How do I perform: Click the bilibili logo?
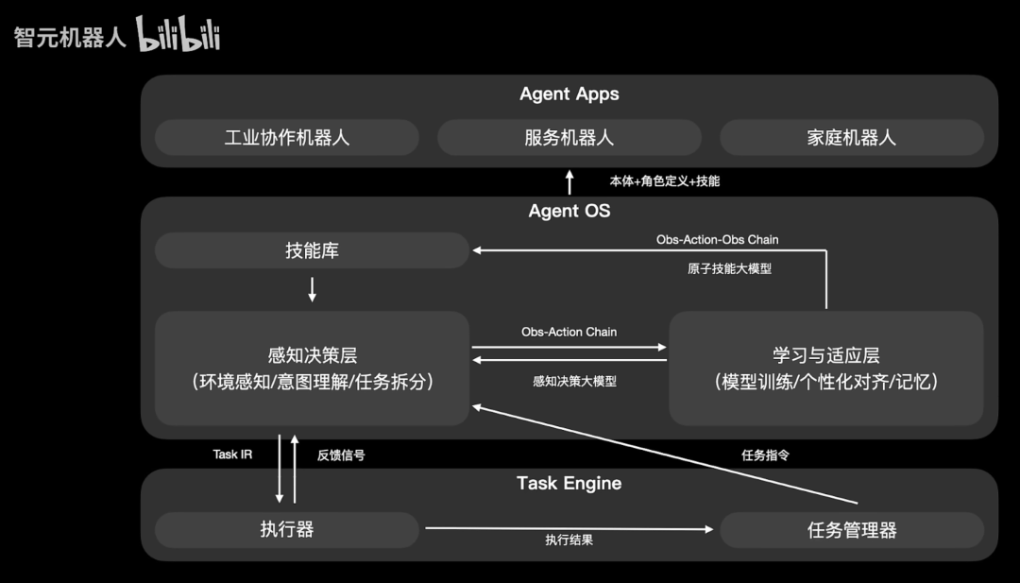[178, 34]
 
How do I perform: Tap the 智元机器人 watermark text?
[70, 39]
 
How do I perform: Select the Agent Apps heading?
[569, 94]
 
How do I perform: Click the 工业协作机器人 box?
[287, 137]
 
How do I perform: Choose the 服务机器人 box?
[569, 137]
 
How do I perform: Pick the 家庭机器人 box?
[851, 137]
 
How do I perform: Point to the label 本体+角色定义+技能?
[665, 180]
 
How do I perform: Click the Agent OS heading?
[569, 210]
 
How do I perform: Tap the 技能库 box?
[312, 250]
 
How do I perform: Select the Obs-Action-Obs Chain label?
[718, 239]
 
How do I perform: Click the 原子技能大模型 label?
[729, 268]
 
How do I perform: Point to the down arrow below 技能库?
[313, 289]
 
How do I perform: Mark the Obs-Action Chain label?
[569, 332]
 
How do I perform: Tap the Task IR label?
[232, 454]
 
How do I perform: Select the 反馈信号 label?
[341, 454]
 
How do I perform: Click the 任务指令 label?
[765, 454]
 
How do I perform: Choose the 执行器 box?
[287, 529]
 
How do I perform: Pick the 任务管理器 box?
[851, 529]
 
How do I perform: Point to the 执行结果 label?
[569, 540]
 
